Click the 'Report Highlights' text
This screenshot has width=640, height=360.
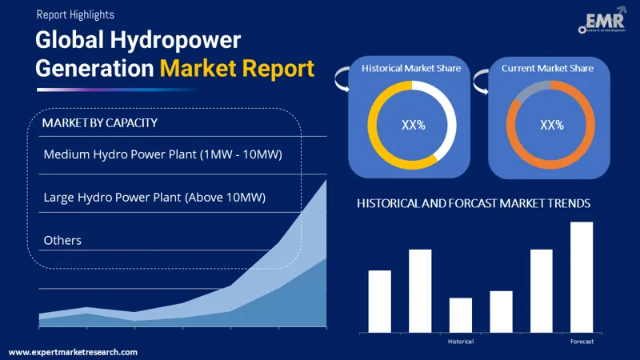pos(74,14)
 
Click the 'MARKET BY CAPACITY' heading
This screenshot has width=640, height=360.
pos(99,123)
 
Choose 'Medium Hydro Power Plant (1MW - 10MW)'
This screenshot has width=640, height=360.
pos(162,154)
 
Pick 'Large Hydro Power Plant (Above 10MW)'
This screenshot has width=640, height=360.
pos(154,197)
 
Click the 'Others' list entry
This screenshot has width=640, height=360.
pos(62,240)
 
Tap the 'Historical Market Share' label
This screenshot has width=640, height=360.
pos(411,68)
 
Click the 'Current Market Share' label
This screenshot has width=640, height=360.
pos(547,68)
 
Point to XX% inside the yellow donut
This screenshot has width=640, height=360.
pos(412,125)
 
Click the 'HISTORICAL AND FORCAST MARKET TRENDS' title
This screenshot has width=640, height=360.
pos(474,204)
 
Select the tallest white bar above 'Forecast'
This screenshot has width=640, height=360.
pos(582,277)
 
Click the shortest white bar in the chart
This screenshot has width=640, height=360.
pos(461,314)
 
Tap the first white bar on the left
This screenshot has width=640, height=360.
pos(379,301)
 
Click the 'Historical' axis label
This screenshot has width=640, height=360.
pos(460,342)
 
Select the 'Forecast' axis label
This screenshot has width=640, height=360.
pos(582,342)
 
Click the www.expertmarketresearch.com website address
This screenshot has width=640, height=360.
pos(73,352)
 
